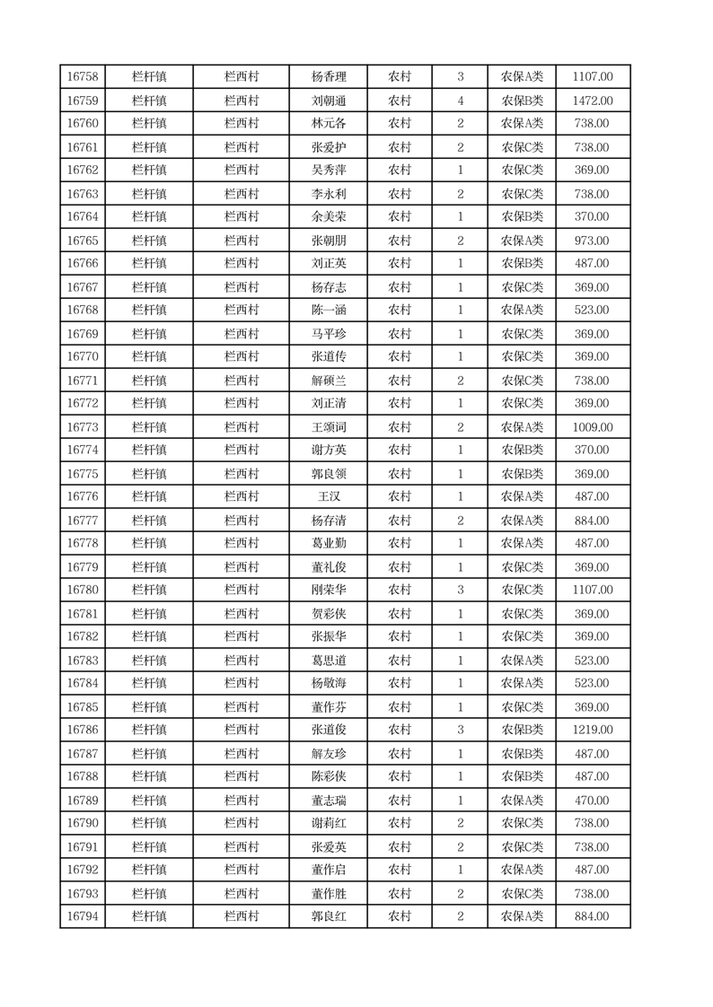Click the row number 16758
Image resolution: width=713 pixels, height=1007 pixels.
pos(83,77)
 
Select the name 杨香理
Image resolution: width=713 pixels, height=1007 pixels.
pos(328,77)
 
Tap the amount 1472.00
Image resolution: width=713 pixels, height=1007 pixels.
pos(593,101)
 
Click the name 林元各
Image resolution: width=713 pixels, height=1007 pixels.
pos(328,124)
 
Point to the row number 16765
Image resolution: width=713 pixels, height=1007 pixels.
pos(83,241)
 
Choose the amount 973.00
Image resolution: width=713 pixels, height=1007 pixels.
pos(593,241)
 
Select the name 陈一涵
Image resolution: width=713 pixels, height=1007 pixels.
pos(328,311)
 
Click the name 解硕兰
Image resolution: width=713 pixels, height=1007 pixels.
pos(328,381)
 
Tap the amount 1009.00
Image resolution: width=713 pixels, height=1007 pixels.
pos(593,427)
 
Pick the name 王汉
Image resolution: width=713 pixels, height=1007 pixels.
pos(328,497)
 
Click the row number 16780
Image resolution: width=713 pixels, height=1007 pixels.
pos(83,590)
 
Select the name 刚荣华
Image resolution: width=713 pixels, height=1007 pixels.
pos(328,590)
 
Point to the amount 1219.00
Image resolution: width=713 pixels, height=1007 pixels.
pos(593,730)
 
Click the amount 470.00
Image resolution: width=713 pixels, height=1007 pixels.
pos(593,801)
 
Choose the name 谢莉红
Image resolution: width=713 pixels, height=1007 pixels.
pos(328,823)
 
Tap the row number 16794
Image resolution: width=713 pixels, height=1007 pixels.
pos(83,916)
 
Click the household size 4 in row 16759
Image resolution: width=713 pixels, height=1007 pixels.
pos(460,101)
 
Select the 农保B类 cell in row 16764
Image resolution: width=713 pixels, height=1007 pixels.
pos(522,217)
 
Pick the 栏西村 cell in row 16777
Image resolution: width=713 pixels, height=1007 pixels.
pos(242,521)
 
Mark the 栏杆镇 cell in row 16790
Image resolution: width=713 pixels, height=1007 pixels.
pos(149,823)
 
